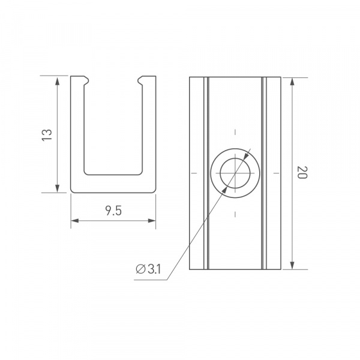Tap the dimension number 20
click(x=302, y=174)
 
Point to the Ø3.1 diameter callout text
click(x=148, y=269)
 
